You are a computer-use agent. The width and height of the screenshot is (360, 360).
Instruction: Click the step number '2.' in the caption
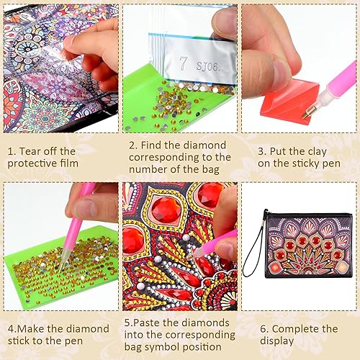click(132, 145)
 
